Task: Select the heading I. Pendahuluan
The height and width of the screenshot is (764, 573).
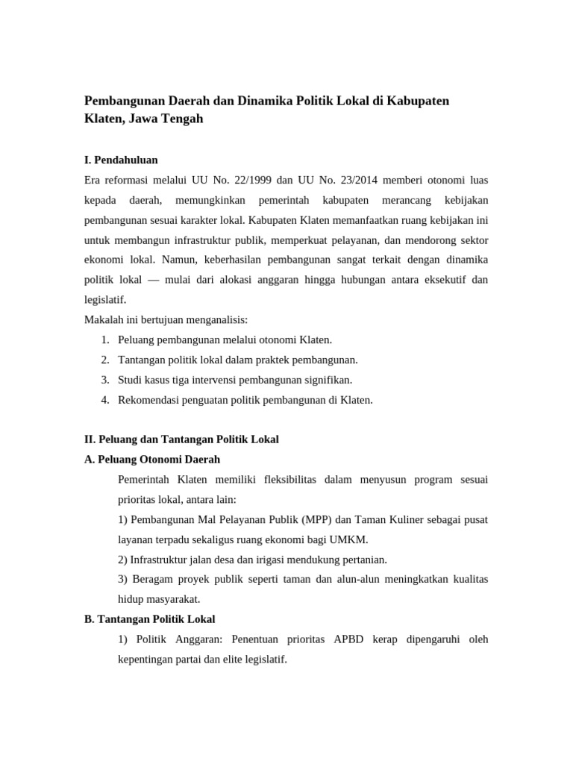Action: (x=121, y=160)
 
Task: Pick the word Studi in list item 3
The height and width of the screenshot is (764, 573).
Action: (x=131, y=380)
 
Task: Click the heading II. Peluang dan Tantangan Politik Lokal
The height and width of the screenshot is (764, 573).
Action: (x=181, y=439)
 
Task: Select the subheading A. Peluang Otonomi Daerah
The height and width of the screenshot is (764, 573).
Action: (x=152, y=460)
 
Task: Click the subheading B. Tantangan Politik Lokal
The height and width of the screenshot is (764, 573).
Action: (x=149, y=619)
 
